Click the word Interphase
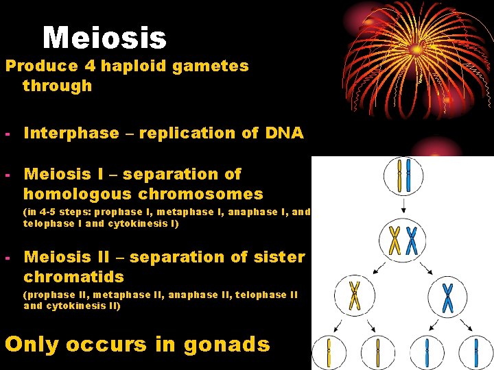click(x=71, y=133)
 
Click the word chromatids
click(x=73, y=277)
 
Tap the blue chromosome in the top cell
click(x=408, y=175)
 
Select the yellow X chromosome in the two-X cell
click(x=395, y=240)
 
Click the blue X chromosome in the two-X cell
click(x=412, y=240)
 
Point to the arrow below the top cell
click(x=403, y=206)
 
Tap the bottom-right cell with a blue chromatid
click(x=475, y=352)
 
